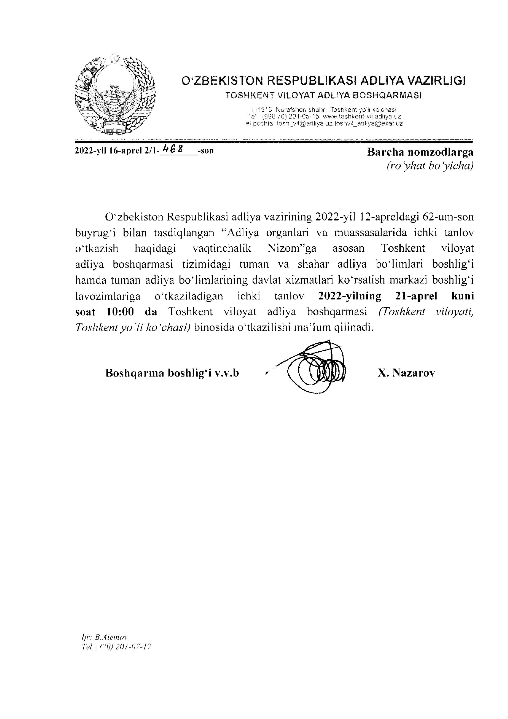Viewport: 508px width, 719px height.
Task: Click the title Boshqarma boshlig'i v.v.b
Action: click(x=172, y=373)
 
